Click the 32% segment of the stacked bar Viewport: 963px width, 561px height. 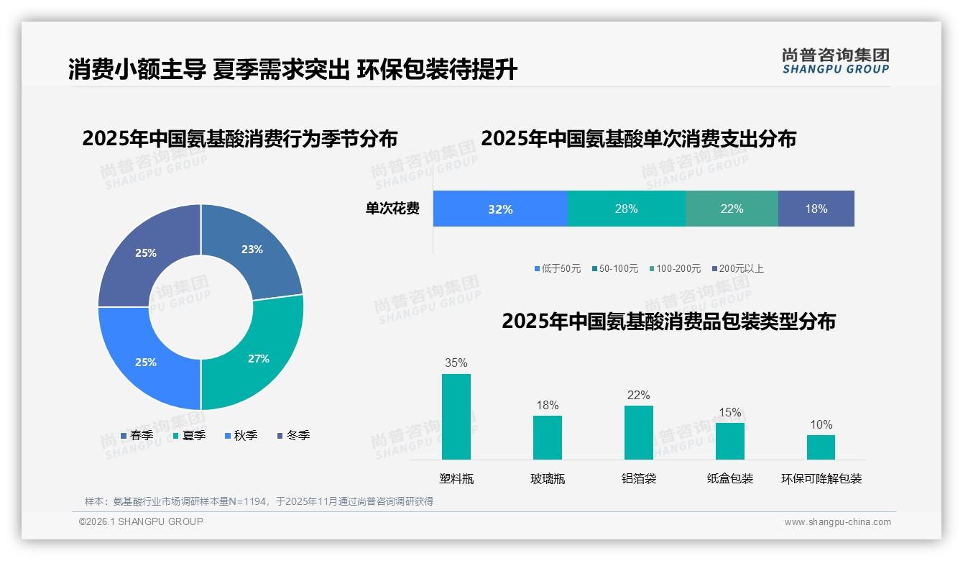(500, 209)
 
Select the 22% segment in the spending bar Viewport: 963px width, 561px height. (732, 209)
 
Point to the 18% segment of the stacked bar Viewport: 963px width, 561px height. (816, 209)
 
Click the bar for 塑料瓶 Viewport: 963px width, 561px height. (456, 417)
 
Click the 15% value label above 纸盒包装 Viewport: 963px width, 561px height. (729, 412)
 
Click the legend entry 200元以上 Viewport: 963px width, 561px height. (738, 268)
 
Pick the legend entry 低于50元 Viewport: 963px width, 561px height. (558, 268)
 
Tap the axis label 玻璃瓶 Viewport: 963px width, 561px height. (548, 479)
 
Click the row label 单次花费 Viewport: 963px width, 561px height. (392, 209)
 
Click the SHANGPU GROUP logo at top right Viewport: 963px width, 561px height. (835, 61)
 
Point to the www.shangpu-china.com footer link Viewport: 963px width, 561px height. (837, 522)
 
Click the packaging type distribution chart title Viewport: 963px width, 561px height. (668, 321)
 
